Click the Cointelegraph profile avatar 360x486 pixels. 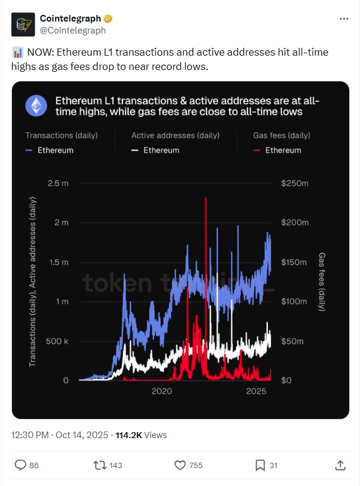(23, 24)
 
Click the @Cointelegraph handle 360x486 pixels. (72, 30)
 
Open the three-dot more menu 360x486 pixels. (343, 19)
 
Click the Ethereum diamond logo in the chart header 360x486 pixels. (36, 106)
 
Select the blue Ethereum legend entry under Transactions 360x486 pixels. (50, 150)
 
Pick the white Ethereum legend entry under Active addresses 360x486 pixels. (155, 150)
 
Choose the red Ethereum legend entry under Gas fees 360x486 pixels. (278, 150)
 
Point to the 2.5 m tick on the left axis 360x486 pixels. (58, 183)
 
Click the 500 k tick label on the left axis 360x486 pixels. (57, 341)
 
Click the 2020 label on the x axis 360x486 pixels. (161, 391)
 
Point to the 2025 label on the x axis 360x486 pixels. (256, 391)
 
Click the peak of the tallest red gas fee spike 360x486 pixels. (206, 199)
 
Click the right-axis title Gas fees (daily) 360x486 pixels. (322, 281)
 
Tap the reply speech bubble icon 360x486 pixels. (20, 464)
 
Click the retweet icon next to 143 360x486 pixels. (97, 464)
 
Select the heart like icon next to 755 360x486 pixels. (179, 464)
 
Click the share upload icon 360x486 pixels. (340, 464)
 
